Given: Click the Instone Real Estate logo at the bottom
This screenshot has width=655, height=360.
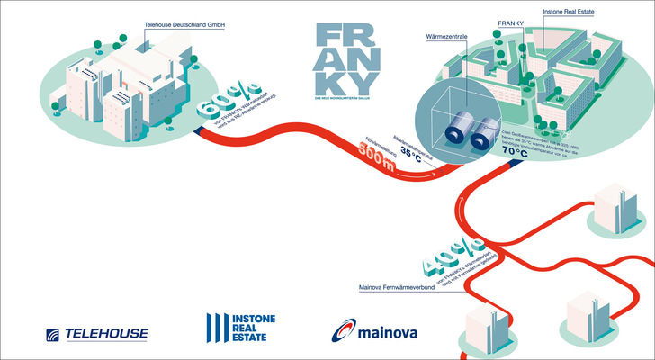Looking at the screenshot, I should coord(240,330).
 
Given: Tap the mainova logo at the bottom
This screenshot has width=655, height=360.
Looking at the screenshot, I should coord(370,333).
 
